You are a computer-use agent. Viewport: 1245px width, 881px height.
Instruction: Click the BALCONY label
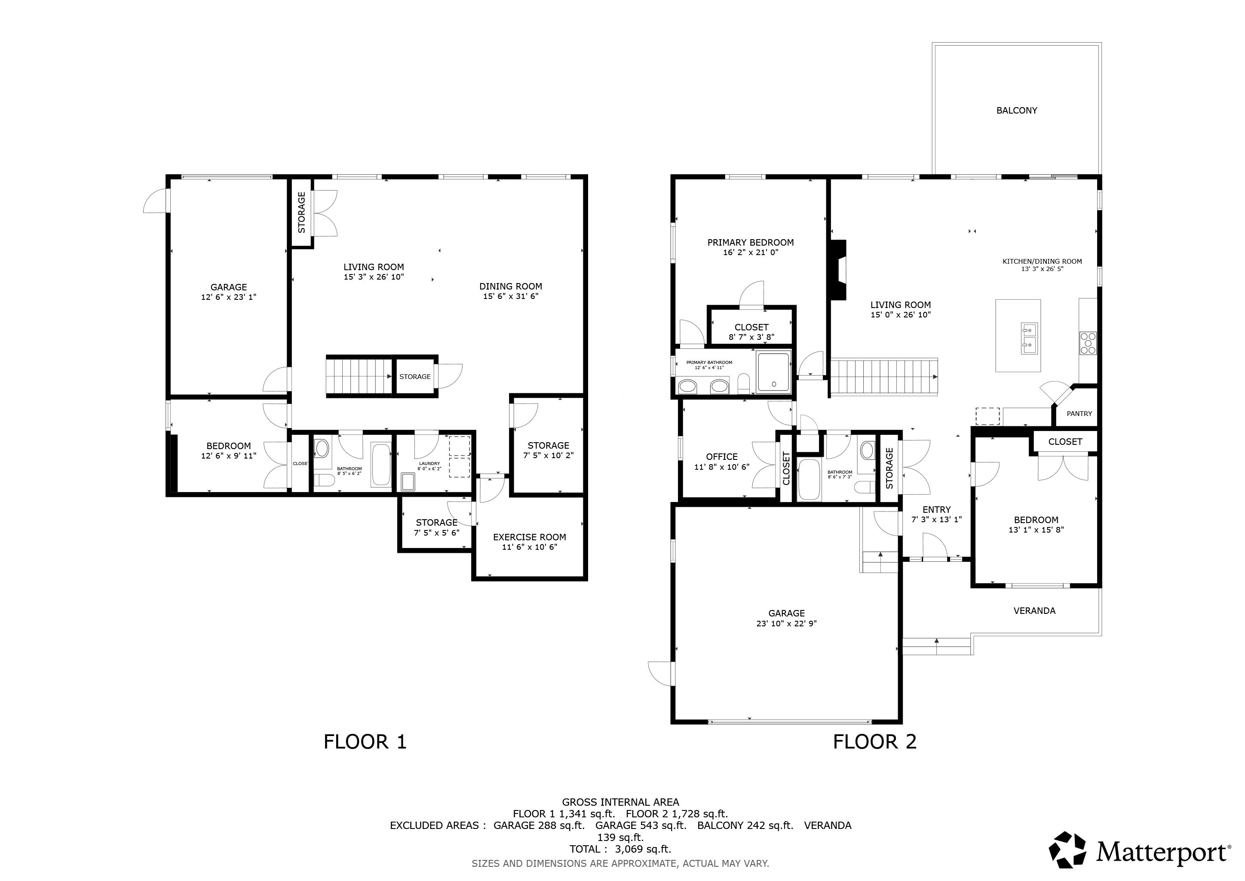[x=1016, y=111]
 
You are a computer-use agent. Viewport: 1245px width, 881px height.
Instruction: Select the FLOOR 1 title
[x=365, y=742]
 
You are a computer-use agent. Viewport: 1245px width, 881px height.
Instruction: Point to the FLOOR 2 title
[x=875, y=742]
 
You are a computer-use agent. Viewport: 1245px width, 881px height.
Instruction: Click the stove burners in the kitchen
[x=1087, y=343]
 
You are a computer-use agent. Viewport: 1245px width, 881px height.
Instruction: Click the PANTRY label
[x=1079, y=414]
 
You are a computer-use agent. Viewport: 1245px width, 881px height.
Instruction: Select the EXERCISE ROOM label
[x=529, y=537]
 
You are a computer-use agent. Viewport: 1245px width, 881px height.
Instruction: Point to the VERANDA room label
[x=1034, y=611]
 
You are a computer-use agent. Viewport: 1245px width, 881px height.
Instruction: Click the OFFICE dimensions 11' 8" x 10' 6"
[x=722, y=467]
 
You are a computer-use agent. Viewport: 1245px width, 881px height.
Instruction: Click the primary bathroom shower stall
[x=774, y=372]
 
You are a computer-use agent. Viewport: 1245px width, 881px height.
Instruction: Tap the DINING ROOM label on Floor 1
[x=510, y=286]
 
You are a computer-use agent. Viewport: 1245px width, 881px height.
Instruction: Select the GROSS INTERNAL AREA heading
[x=620, y=802]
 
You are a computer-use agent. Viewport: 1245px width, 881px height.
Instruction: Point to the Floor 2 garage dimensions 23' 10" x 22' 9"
[x=786, y=624]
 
